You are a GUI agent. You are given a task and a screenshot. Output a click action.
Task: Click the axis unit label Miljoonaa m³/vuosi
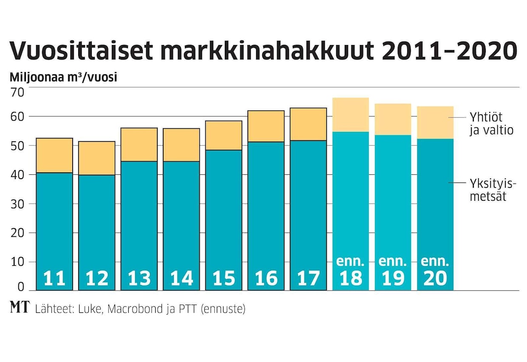tap(63, 78)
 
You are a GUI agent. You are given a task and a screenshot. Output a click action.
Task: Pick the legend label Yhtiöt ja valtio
tap(491, 123)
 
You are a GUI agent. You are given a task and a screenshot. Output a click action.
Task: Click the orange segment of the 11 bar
tap(54, 155)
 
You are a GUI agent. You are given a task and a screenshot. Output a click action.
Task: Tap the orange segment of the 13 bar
tap(139, 145)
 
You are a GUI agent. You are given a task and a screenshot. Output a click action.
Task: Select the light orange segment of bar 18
tap(351, 115)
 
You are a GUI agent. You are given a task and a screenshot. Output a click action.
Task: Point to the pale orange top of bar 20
tap(435, 122)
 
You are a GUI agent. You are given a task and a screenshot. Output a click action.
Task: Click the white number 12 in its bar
tap(97, 278)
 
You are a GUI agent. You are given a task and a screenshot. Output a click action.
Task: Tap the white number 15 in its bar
tap(224, 278)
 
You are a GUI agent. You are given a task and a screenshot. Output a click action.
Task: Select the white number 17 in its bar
tap(308, 278)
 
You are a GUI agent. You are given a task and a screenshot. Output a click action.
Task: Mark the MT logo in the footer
tap(19, 309)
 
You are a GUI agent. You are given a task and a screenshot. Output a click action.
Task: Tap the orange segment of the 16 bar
tap(266, 126)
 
